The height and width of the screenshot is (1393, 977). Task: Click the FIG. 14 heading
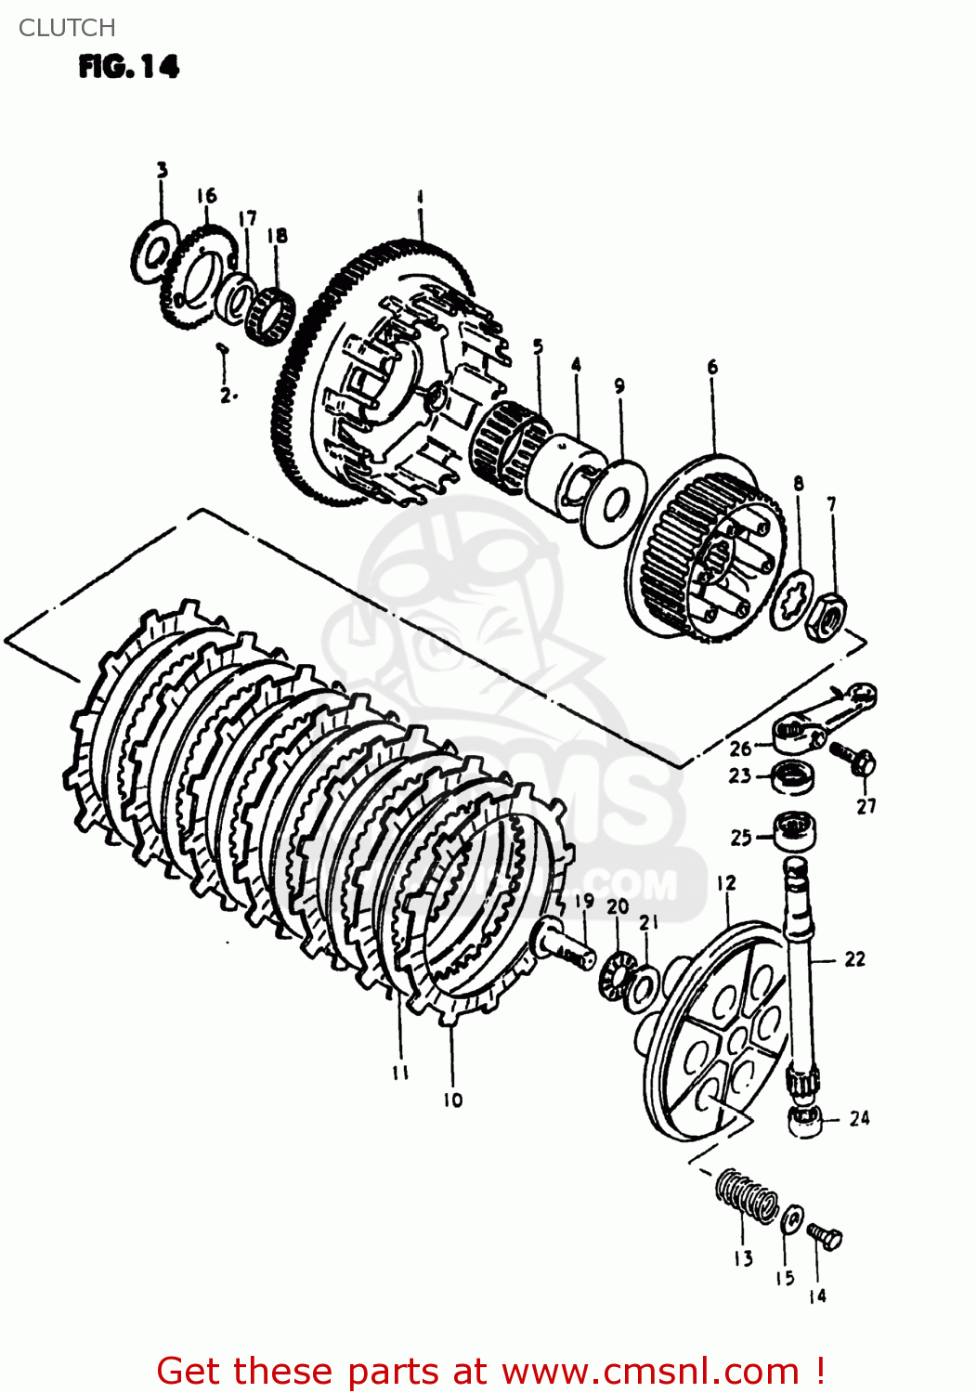click(x=128, y=67)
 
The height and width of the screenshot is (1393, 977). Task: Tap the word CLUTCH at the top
click(x=67, y=28)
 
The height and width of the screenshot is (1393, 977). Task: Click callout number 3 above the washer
click(x=162, y=170)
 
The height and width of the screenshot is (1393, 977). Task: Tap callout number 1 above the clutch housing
click(x=420, y=197)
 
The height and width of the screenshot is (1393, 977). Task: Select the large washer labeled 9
click(x=613, y=501)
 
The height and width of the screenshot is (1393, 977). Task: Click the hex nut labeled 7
click(x=826, y=618)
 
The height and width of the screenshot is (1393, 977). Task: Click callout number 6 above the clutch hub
click(x=712, y=367)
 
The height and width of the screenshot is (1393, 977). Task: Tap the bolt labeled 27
click(x=854, y=759)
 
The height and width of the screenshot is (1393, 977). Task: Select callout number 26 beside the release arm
click(x=739, y=749)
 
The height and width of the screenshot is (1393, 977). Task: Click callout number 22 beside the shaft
click(x=854, y=959)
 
